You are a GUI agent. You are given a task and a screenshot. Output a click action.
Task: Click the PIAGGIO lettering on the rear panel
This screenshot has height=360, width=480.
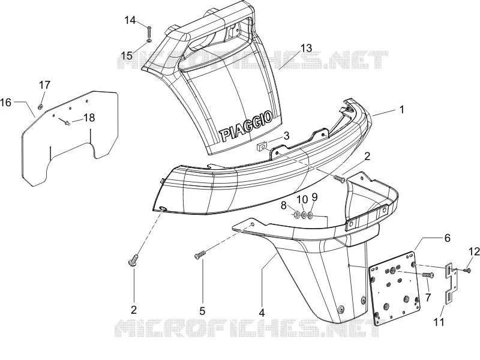(246, 125)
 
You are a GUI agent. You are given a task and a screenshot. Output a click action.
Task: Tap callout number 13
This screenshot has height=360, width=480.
(305, 48)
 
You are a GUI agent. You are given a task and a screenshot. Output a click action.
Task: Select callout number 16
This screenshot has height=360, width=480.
(6, 102)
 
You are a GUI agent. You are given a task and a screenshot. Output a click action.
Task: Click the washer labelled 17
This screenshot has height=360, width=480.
(40, 107)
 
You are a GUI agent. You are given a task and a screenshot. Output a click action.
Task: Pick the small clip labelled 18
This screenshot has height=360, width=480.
(67, 122)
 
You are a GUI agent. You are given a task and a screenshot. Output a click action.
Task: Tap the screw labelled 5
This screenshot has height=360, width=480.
(200, 254)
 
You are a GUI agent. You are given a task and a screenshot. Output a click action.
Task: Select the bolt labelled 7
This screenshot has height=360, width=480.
(428, 275)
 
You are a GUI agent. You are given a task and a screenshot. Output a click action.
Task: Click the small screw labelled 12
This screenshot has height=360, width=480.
(467, 270)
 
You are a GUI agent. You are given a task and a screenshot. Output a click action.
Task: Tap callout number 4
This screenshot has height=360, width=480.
(262, 313)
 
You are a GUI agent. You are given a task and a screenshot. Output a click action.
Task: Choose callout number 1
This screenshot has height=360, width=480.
(402, 110)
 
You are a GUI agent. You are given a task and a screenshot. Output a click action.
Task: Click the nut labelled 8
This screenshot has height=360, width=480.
(296, 215)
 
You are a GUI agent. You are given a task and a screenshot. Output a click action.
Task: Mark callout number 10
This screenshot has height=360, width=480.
(302, 199)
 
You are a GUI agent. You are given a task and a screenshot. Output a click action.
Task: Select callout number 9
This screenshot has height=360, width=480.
(314, 197)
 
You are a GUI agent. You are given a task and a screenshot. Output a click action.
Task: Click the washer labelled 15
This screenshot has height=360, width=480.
(149, 41)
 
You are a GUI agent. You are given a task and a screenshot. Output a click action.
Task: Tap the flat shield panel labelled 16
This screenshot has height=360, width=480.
(70, 138)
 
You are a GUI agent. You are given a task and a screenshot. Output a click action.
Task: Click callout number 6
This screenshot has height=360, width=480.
(448, 238)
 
